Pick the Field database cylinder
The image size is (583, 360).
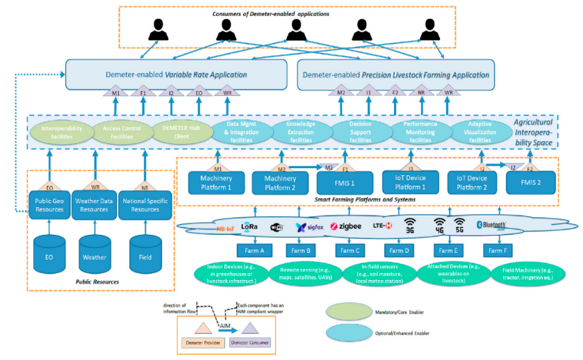pyautogui.click(x=145, y=255)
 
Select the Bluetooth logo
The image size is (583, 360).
pyautogui.click(x=491, y=225)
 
